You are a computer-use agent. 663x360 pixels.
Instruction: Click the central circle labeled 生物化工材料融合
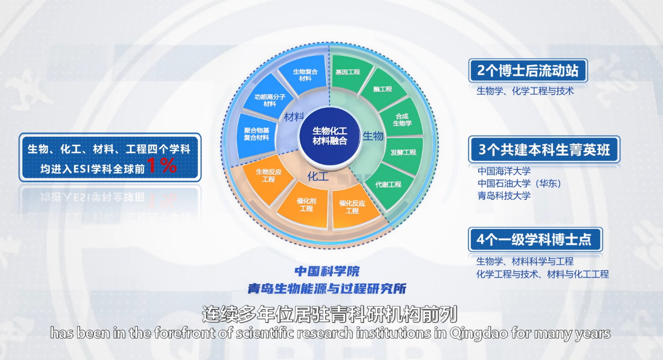pos(330,136)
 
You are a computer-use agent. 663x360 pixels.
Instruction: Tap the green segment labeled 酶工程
pos(383,89)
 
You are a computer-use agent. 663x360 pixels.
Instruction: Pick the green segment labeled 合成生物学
pos(402,118)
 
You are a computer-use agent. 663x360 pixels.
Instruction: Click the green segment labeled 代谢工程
pos(389,186)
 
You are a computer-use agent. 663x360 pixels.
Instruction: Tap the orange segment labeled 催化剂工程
pos(305,205)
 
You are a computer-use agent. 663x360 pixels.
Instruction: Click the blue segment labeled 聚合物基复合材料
pos(256,135)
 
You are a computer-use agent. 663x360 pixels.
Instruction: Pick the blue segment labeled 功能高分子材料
pos(268,99)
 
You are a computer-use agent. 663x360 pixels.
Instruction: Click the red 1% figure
pos(162,166)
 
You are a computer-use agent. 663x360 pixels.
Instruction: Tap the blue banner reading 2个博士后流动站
pos(528,70)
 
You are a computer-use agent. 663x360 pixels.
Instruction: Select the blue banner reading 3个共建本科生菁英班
pos(544,149)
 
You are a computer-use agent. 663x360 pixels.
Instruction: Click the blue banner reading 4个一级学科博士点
pos(535,239)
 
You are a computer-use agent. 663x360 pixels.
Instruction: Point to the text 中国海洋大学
pos(504,171)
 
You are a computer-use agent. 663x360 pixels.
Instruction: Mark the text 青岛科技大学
pos(504,195)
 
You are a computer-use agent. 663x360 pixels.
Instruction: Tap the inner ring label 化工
pos(318,177)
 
